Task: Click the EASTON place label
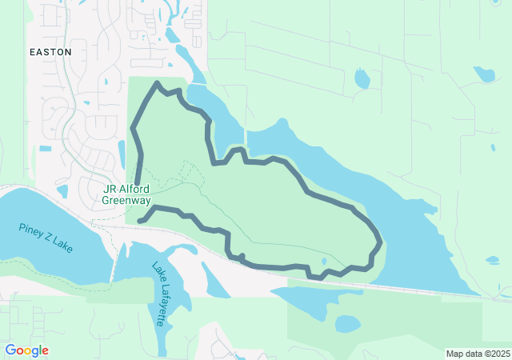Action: (x=50, y=51)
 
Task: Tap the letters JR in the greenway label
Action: (x=110, y=190)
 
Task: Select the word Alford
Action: (x=134, y=190)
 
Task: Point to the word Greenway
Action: (x=126, y=201)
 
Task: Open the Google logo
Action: (x=26, y=350)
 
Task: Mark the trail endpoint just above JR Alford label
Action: (x=137, y=183)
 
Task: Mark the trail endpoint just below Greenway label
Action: (x=140, y=220)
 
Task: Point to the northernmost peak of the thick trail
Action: (x=156, y=83)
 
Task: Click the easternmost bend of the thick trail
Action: (x=379, y=238)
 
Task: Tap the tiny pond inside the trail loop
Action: (x=324, y=261)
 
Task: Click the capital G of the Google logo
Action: (x=10, y=350)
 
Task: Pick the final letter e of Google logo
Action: (x=46, y=351)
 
